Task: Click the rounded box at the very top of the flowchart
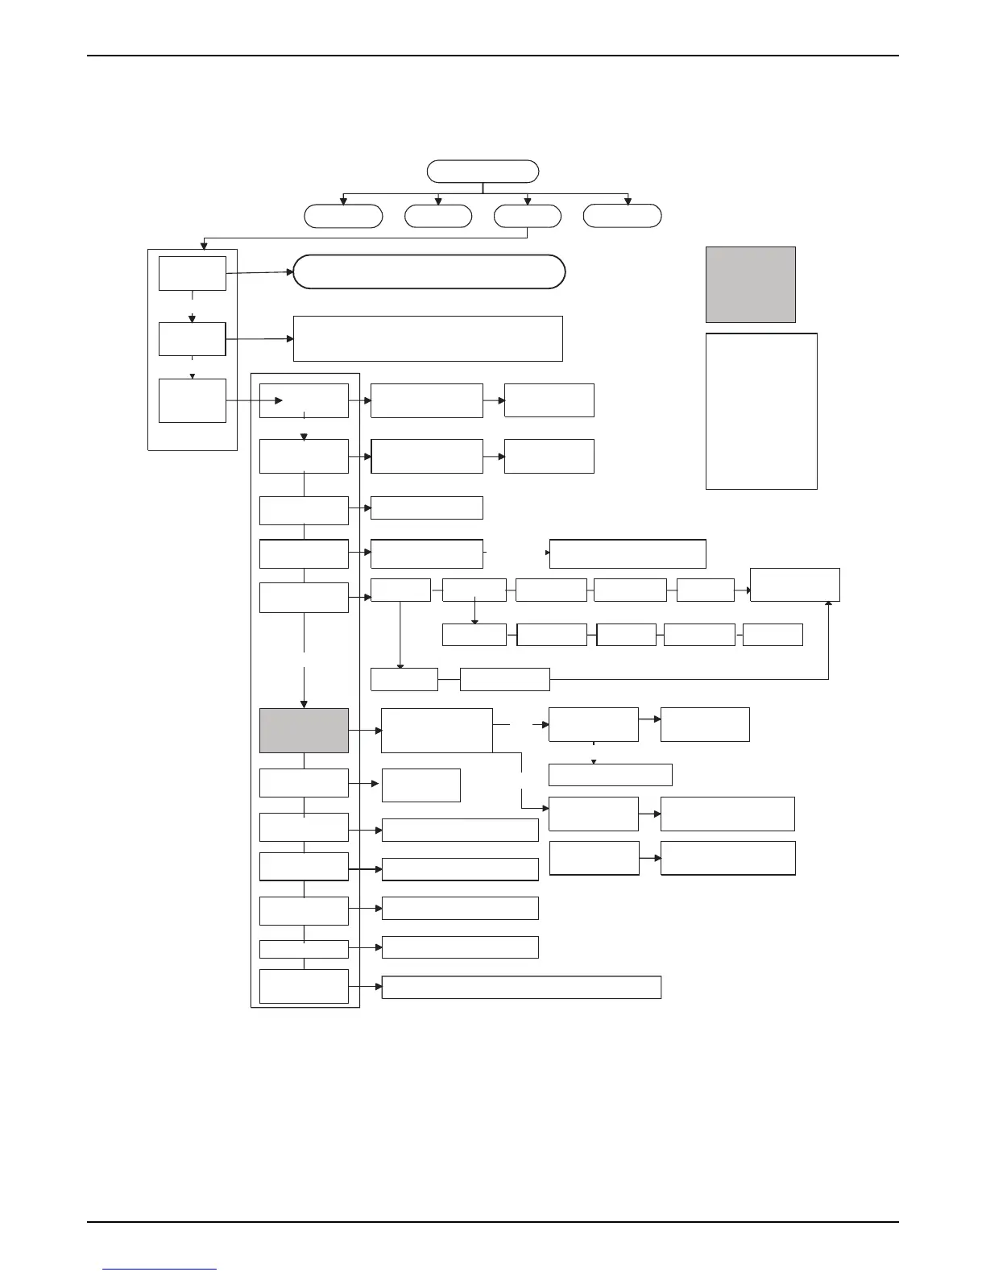(483, 172)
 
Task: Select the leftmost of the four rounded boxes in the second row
(342, 216)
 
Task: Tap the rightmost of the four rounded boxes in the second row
(622, 216)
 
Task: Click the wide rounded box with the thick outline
(429, 272)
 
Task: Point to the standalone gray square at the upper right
(750, 284)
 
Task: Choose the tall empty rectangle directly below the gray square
(761, 411)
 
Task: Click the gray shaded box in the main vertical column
(304, 731)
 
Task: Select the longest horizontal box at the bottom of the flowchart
(521, 987)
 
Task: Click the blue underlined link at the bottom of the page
(160, 1269)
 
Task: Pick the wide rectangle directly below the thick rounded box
(428, 338)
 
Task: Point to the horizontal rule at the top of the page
(493, 56)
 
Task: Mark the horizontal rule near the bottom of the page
(493, 1222)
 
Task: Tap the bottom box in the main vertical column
(304, 986)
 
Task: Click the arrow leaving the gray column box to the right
(365, 731)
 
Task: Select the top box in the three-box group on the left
(192, 273)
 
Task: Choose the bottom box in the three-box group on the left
(192, 400)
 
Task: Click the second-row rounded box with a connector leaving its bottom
(527, 216)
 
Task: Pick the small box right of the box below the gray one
(420, 785)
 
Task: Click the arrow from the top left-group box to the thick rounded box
(259, 273)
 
